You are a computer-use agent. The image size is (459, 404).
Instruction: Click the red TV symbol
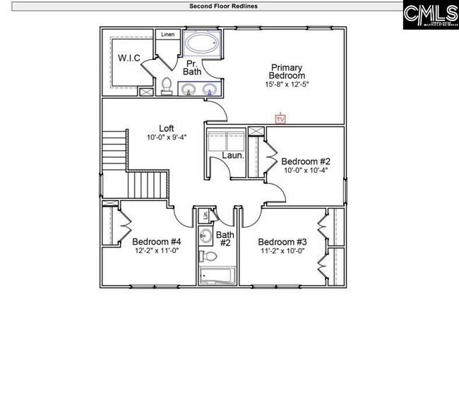click(x=280, y=119)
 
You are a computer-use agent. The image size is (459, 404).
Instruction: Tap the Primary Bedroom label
click(x=287, y=72)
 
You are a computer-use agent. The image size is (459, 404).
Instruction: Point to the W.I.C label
click(x=129, y=58)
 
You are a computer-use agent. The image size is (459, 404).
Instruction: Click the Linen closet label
click(x=167, y=34)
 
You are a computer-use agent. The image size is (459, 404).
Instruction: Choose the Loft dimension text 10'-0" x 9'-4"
click(x=167, y=137)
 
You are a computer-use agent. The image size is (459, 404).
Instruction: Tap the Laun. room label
click(x=233, y=155)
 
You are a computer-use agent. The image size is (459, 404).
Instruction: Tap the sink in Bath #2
click(x=205, y=235)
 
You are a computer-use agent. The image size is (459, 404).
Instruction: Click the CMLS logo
click(x=430, y=15)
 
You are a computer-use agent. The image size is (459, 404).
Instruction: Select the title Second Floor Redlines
click(x=223, y=6)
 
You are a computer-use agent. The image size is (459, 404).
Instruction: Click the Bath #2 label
click(x=225, y=239)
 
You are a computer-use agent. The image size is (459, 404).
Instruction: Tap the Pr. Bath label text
click(x=191, y=67)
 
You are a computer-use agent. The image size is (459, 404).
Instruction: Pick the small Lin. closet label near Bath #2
click(x=204, y=215)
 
